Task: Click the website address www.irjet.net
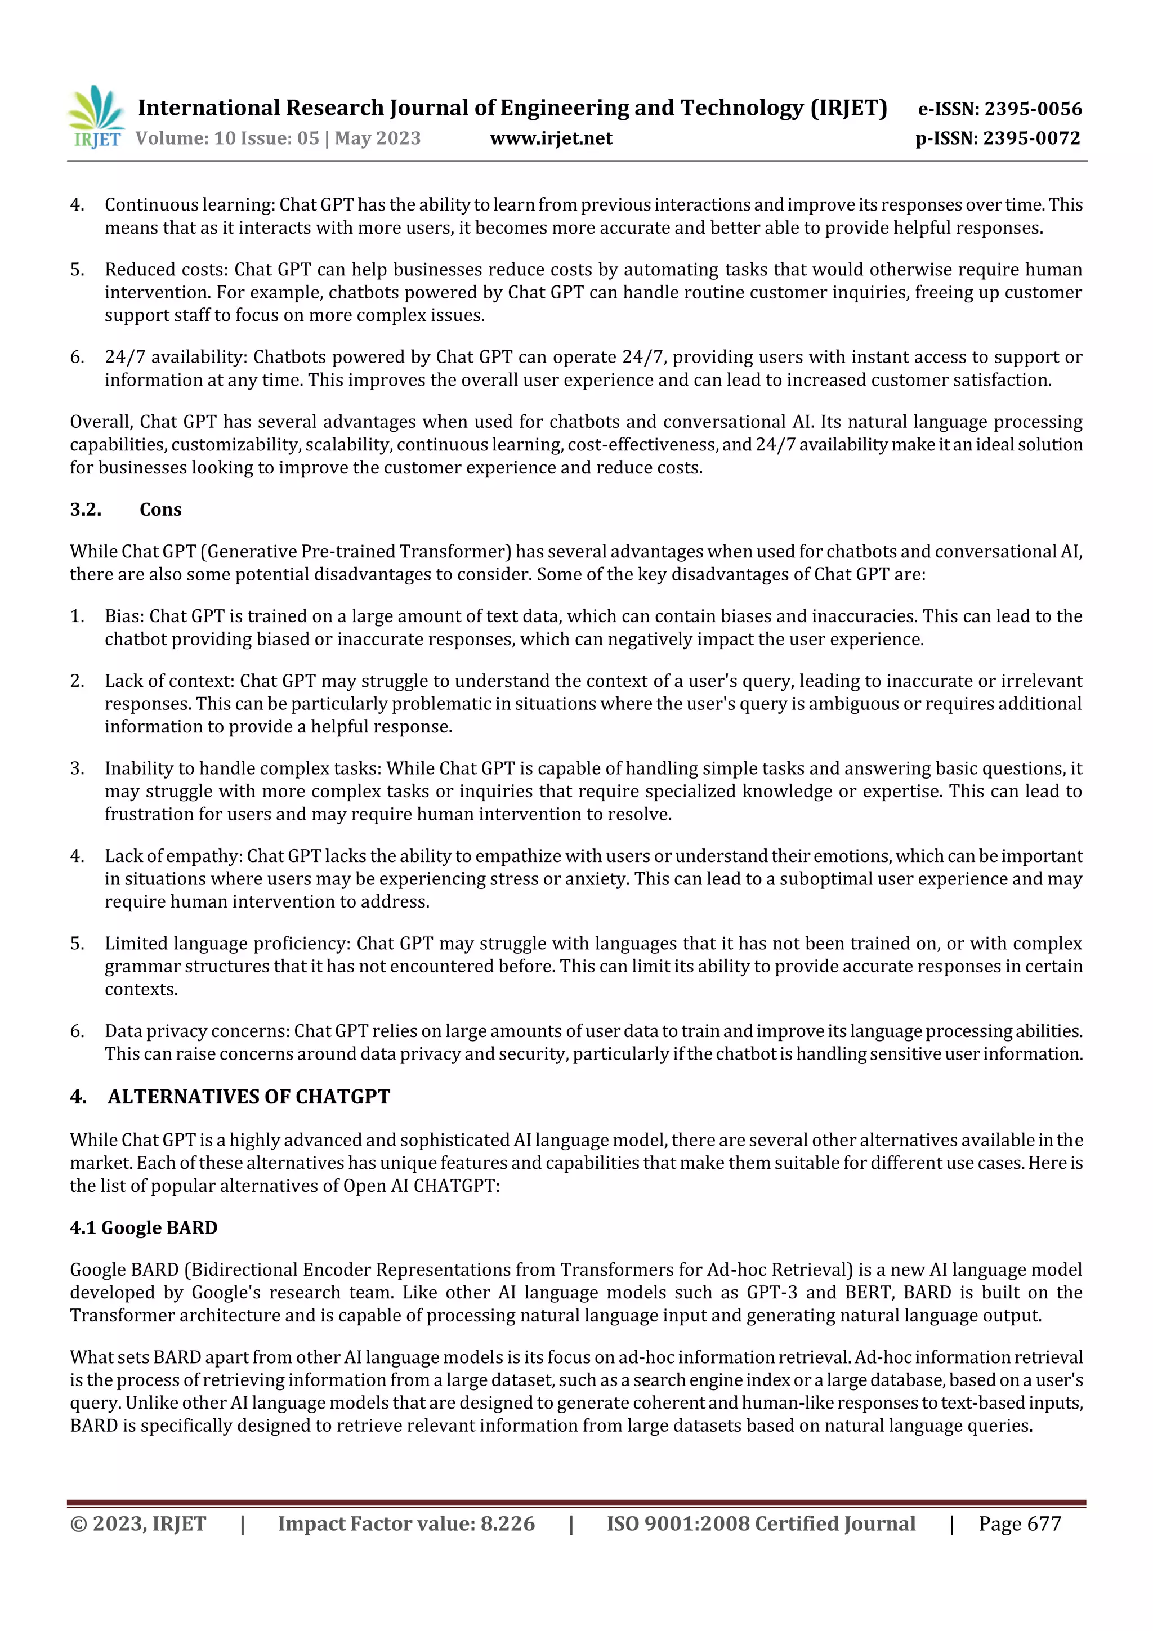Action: tap(551, 138)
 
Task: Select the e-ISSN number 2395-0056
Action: tap(1033, 109)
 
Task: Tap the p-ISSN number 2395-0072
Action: tap(1031, 138)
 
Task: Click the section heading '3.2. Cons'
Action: tap(126, 510)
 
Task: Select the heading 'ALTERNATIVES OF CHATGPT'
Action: tap(249, 1097)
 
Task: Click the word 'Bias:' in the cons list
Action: tap(124, 616)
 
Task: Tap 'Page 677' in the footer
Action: tap(1020, 1523)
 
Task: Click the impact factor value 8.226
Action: tap(507, 1523)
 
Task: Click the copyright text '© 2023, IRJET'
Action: tap(138, 1523)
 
